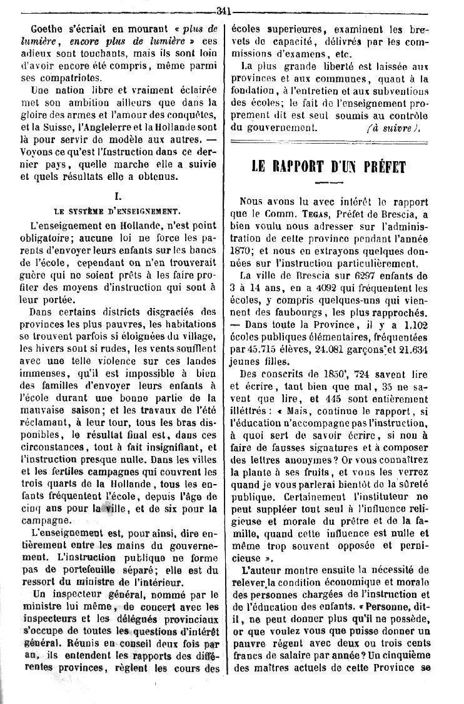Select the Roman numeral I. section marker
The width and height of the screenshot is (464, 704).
point(118,196)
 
